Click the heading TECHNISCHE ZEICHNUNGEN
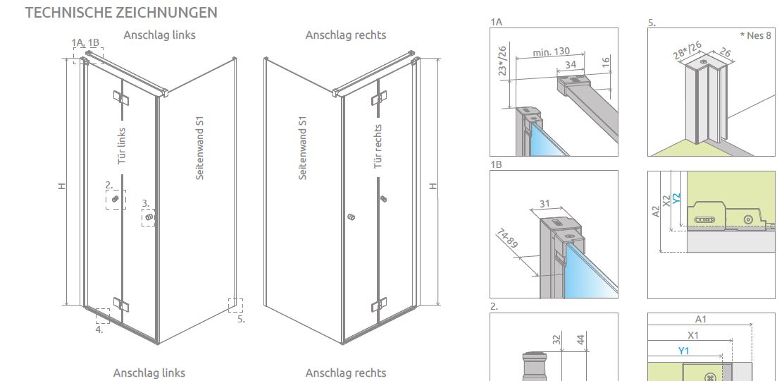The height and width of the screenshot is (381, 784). tap(121, 13)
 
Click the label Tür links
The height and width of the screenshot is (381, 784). tap(121, 145)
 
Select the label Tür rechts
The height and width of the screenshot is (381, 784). tap(378, 146)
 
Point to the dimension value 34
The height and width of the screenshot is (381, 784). tap(570, 65)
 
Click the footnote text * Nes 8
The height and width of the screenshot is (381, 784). tap(755, 35)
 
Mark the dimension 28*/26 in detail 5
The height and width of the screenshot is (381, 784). tap(687, 51)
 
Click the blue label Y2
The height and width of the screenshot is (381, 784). tap(676, 198)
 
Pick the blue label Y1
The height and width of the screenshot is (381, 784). tap(683, 351)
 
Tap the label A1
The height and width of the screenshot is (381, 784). tap(701, 319)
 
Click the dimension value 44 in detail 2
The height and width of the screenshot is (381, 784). tap(580, 339)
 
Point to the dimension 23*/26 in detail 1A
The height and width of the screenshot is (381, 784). tap(502, 61)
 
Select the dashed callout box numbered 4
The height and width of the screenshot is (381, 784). tap(103, 316)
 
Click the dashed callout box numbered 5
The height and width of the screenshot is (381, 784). tap(235, 306)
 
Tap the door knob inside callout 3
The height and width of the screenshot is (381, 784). tap(149, 217)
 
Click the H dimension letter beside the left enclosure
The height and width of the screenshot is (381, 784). tap(62, 186)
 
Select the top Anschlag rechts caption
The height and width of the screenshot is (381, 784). tap(346, 35)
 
